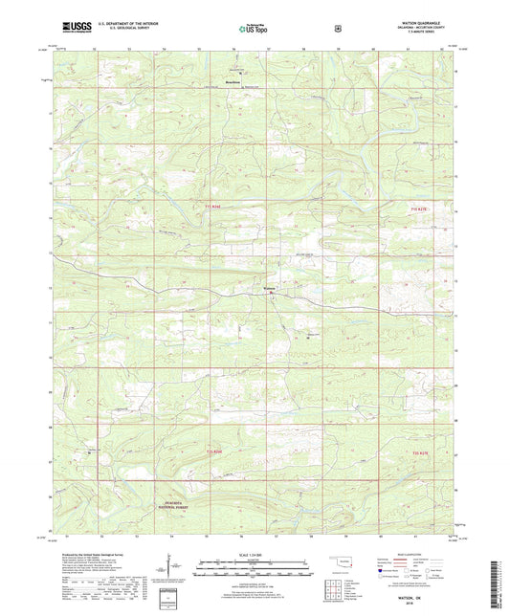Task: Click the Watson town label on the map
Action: [x=270, y=289]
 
